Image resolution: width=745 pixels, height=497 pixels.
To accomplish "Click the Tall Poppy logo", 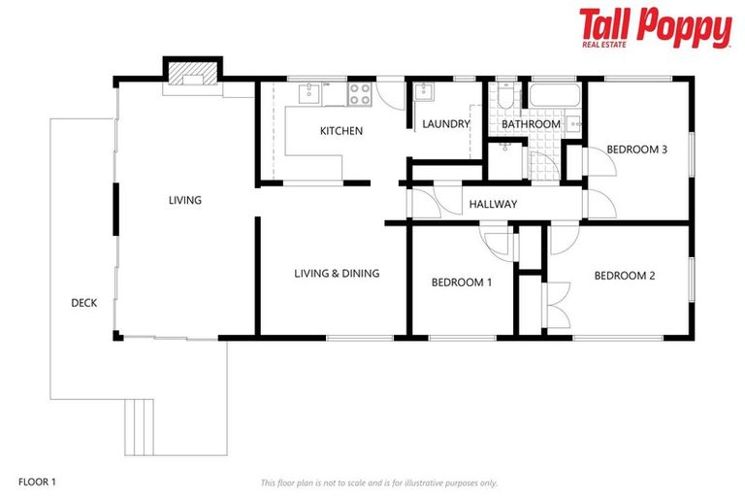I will click(655, 26).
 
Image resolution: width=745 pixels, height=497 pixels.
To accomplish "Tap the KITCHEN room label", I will click(341, 131).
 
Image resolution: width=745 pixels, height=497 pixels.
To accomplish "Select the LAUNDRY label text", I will click(446, 124).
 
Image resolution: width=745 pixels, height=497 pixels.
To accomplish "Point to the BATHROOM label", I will click(531, 124).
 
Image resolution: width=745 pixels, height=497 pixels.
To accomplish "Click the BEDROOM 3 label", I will click(636, 149).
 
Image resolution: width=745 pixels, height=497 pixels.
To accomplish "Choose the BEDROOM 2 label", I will click(624, 276).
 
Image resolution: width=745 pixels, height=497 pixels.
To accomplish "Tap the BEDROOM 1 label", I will click(462, 282).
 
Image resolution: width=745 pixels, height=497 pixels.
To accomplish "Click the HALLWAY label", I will click(493, 204).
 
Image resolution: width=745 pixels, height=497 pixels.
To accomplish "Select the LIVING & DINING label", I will click(337, 274).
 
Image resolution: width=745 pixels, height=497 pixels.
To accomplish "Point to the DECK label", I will click(83, 303).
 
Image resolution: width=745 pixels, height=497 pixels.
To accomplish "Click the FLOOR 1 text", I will click(38, 481).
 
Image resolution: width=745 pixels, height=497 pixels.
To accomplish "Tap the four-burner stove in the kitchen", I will click(360, 94).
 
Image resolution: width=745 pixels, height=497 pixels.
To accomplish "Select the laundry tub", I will click(425, 93).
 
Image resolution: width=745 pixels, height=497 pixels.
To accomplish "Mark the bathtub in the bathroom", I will click(555, 96).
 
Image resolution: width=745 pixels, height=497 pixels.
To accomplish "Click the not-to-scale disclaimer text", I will click(378, 482).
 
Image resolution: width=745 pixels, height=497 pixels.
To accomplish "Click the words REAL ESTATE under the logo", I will click(603, 44).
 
